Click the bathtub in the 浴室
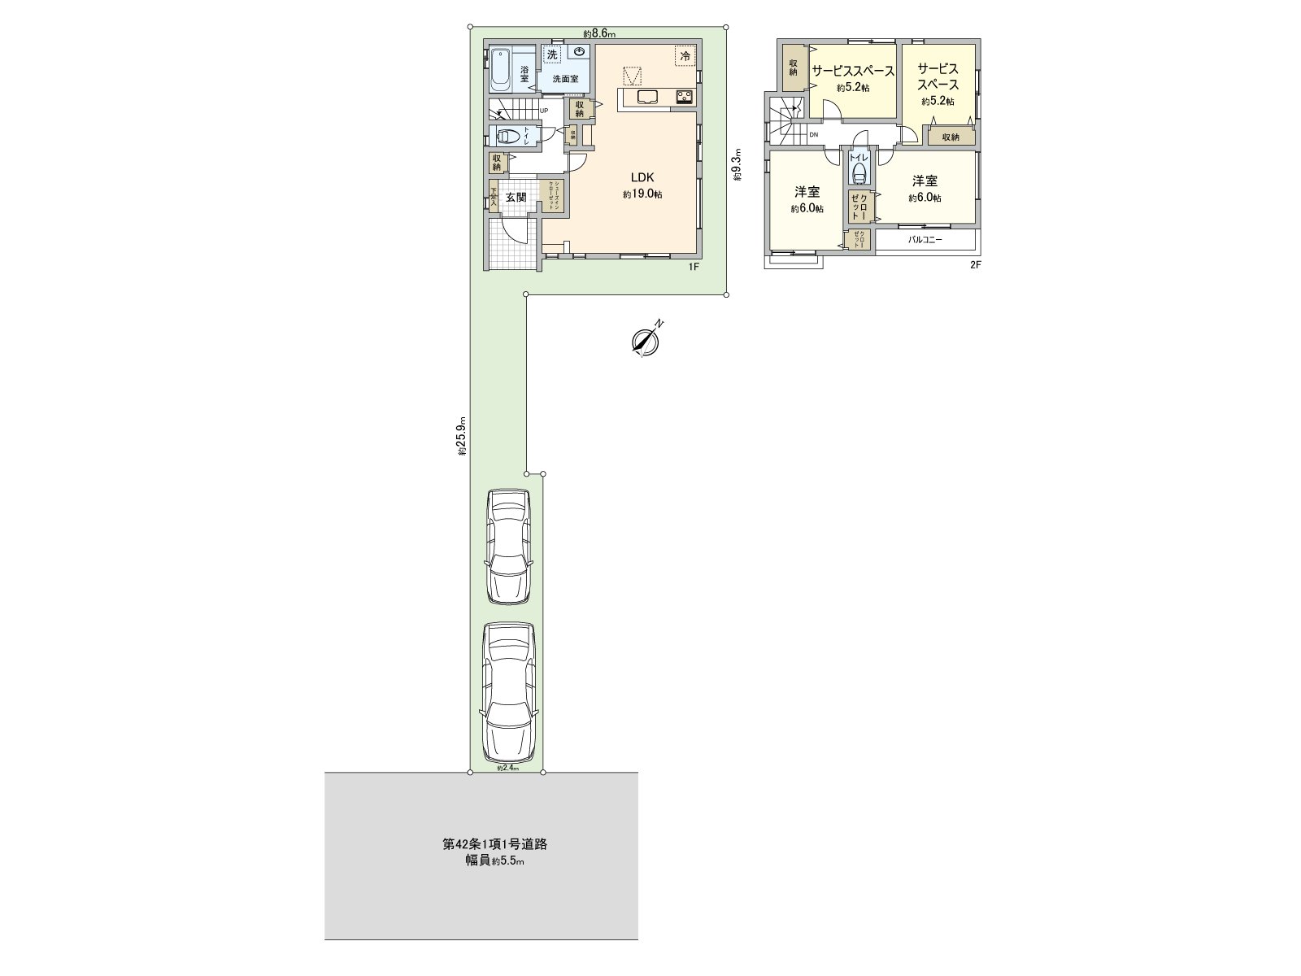coord(500,69)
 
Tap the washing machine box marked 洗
coord(553,55)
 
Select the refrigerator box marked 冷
coord(685,55)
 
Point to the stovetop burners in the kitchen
coord(683,98)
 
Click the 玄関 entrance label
coord(516,197)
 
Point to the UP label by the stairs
coord(543,111)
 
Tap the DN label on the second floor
coord(813,135)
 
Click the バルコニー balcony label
coord(925,241)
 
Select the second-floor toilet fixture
coord(859,170)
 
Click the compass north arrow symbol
coord(646,342)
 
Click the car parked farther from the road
coord(508,546)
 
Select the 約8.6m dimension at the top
coord(600,33)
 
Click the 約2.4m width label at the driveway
coord(507,767)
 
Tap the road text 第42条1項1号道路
coord(494,844)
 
